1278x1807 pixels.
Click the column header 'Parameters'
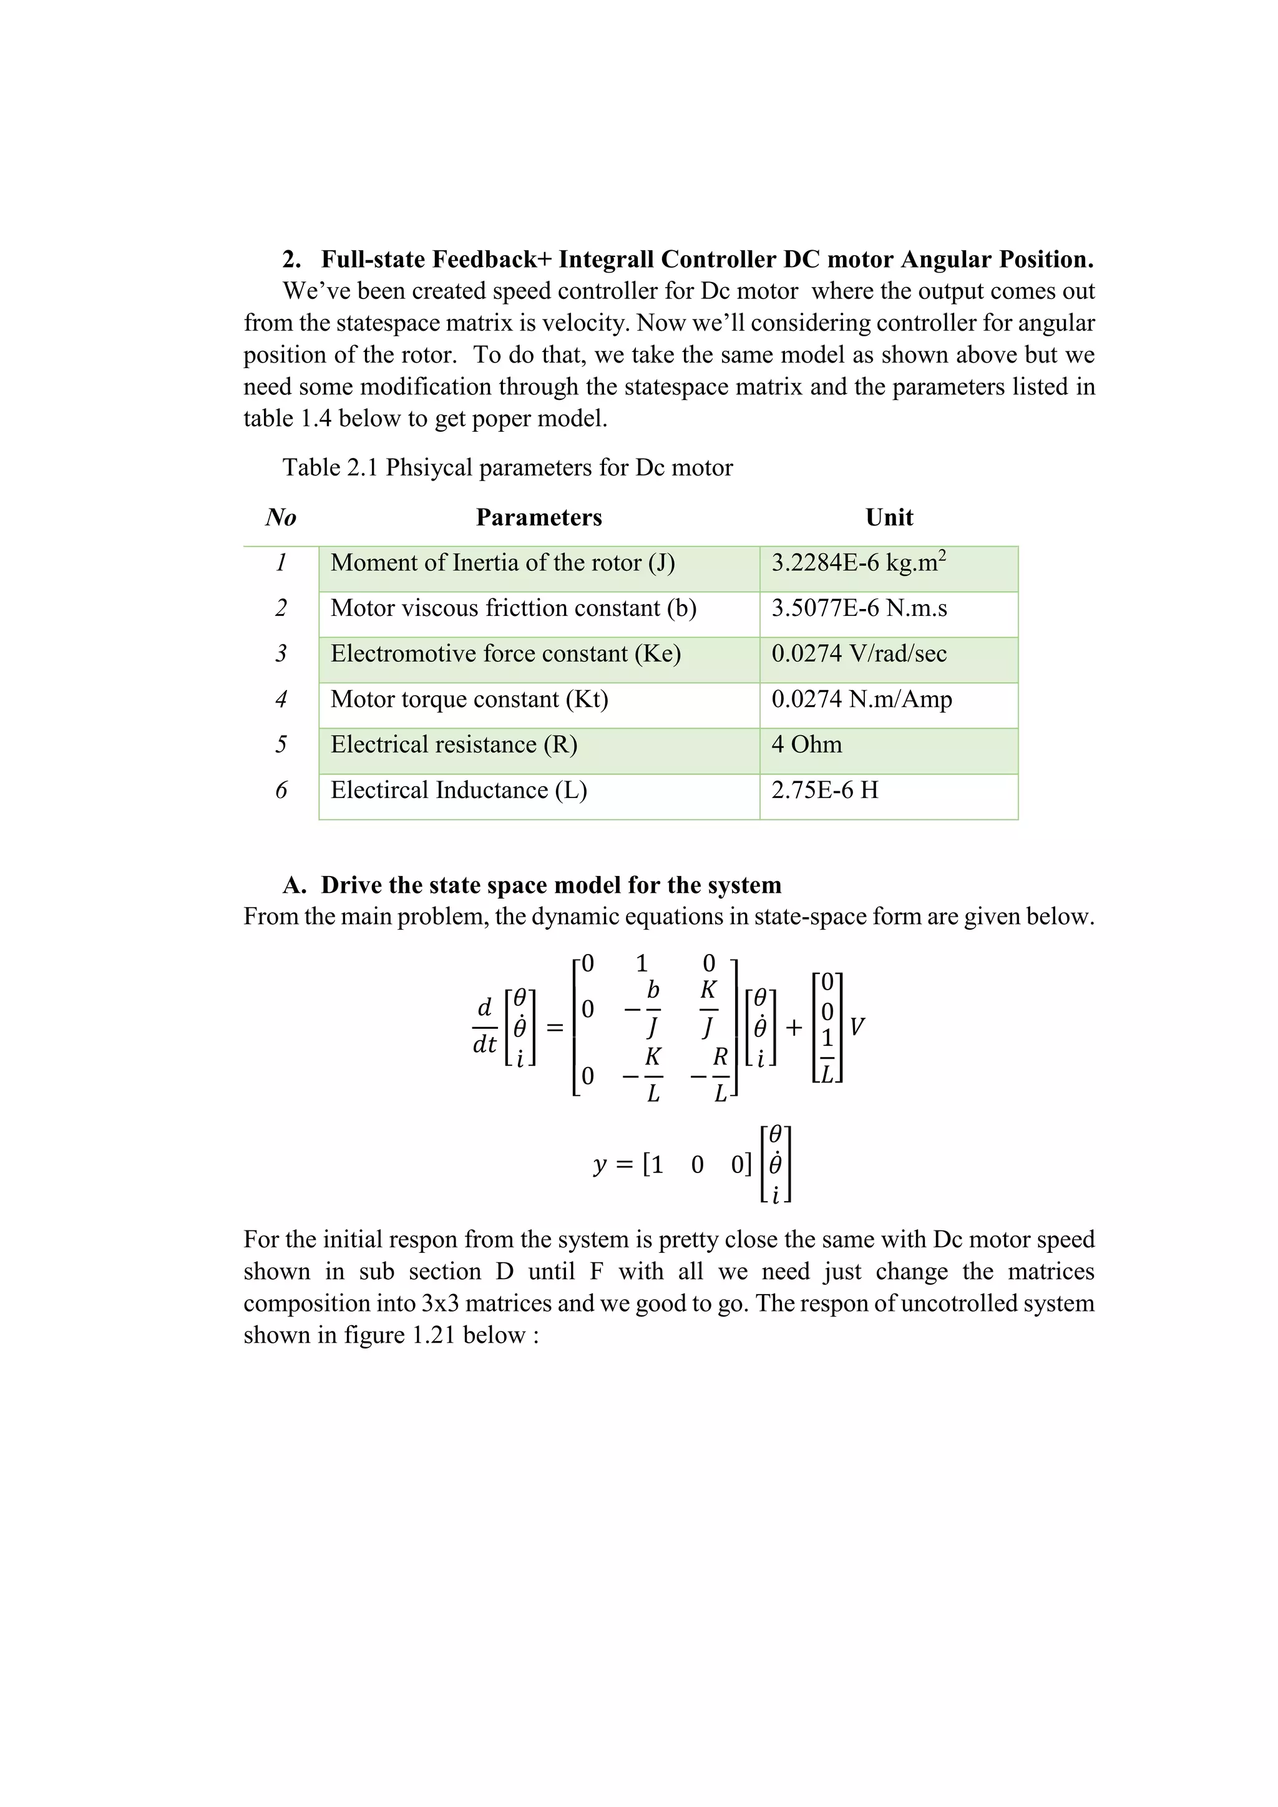click(539, 517)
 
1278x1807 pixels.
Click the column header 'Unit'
click(889, 517)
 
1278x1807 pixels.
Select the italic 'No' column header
click(281, 517)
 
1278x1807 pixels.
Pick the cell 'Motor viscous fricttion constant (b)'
click(513, 608)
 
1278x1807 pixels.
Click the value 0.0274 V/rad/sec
click(859, 653)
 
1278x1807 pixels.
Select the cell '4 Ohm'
click(807, 744)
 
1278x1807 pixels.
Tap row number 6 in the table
click(281, 790)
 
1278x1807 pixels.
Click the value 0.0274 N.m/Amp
click(861, 699)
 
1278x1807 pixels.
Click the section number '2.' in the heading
click(292, 259)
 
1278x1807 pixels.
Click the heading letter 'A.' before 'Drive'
click(295, 885)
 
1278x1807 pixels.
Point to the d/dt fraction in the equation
click(485, 1026)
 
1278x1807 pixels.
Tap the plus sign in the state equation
click(793, 1027)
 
